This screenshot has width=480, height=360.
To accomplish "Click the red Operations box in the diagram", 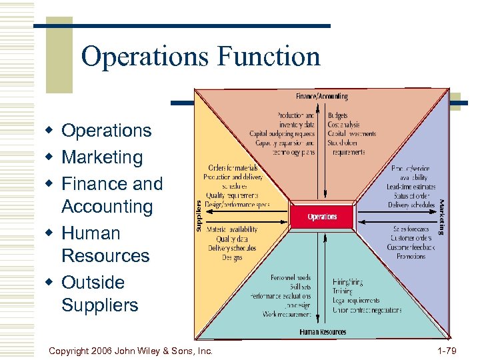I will point(322,217).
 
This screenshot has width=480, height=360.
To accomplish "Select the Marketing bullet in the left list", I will point(102,157).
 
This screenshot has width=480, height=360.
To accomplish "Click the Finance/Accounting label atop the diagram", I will point(321,97).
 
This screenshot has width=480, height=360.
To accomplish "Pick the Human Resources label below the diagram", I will point(323,331).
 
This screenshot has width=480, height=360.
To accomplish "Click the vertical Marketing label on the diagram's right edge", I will point(441,217).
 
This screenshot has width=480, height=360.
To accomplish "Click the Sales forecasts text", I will point(411,229).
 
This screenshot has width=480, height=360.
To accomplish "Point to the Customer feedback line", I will point(411,247).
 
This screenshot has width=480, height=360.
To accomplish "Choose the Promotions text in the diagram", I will point(411,256).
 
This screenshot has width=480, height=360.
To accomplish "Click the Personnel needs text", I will point(291,277).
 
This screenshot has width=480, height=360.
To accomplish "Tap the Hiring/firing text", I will point(347,282).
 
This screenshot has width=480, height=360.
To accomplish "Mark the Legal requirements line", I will point(356,301).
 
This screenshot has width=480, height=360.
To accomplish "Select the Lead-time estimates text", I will point(411,187).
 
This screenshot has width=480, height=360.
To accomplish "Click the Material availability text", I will point(232,230).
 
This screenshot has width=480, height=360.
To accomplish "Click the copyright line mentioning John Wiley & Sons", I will point(131,350).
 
